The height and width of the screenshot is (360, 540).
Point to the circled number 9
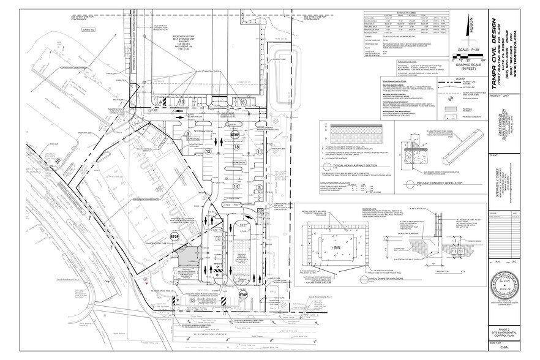pos(187,134)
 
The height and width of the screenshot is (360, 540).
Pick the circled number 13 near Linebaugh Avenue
pos(192,301)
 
